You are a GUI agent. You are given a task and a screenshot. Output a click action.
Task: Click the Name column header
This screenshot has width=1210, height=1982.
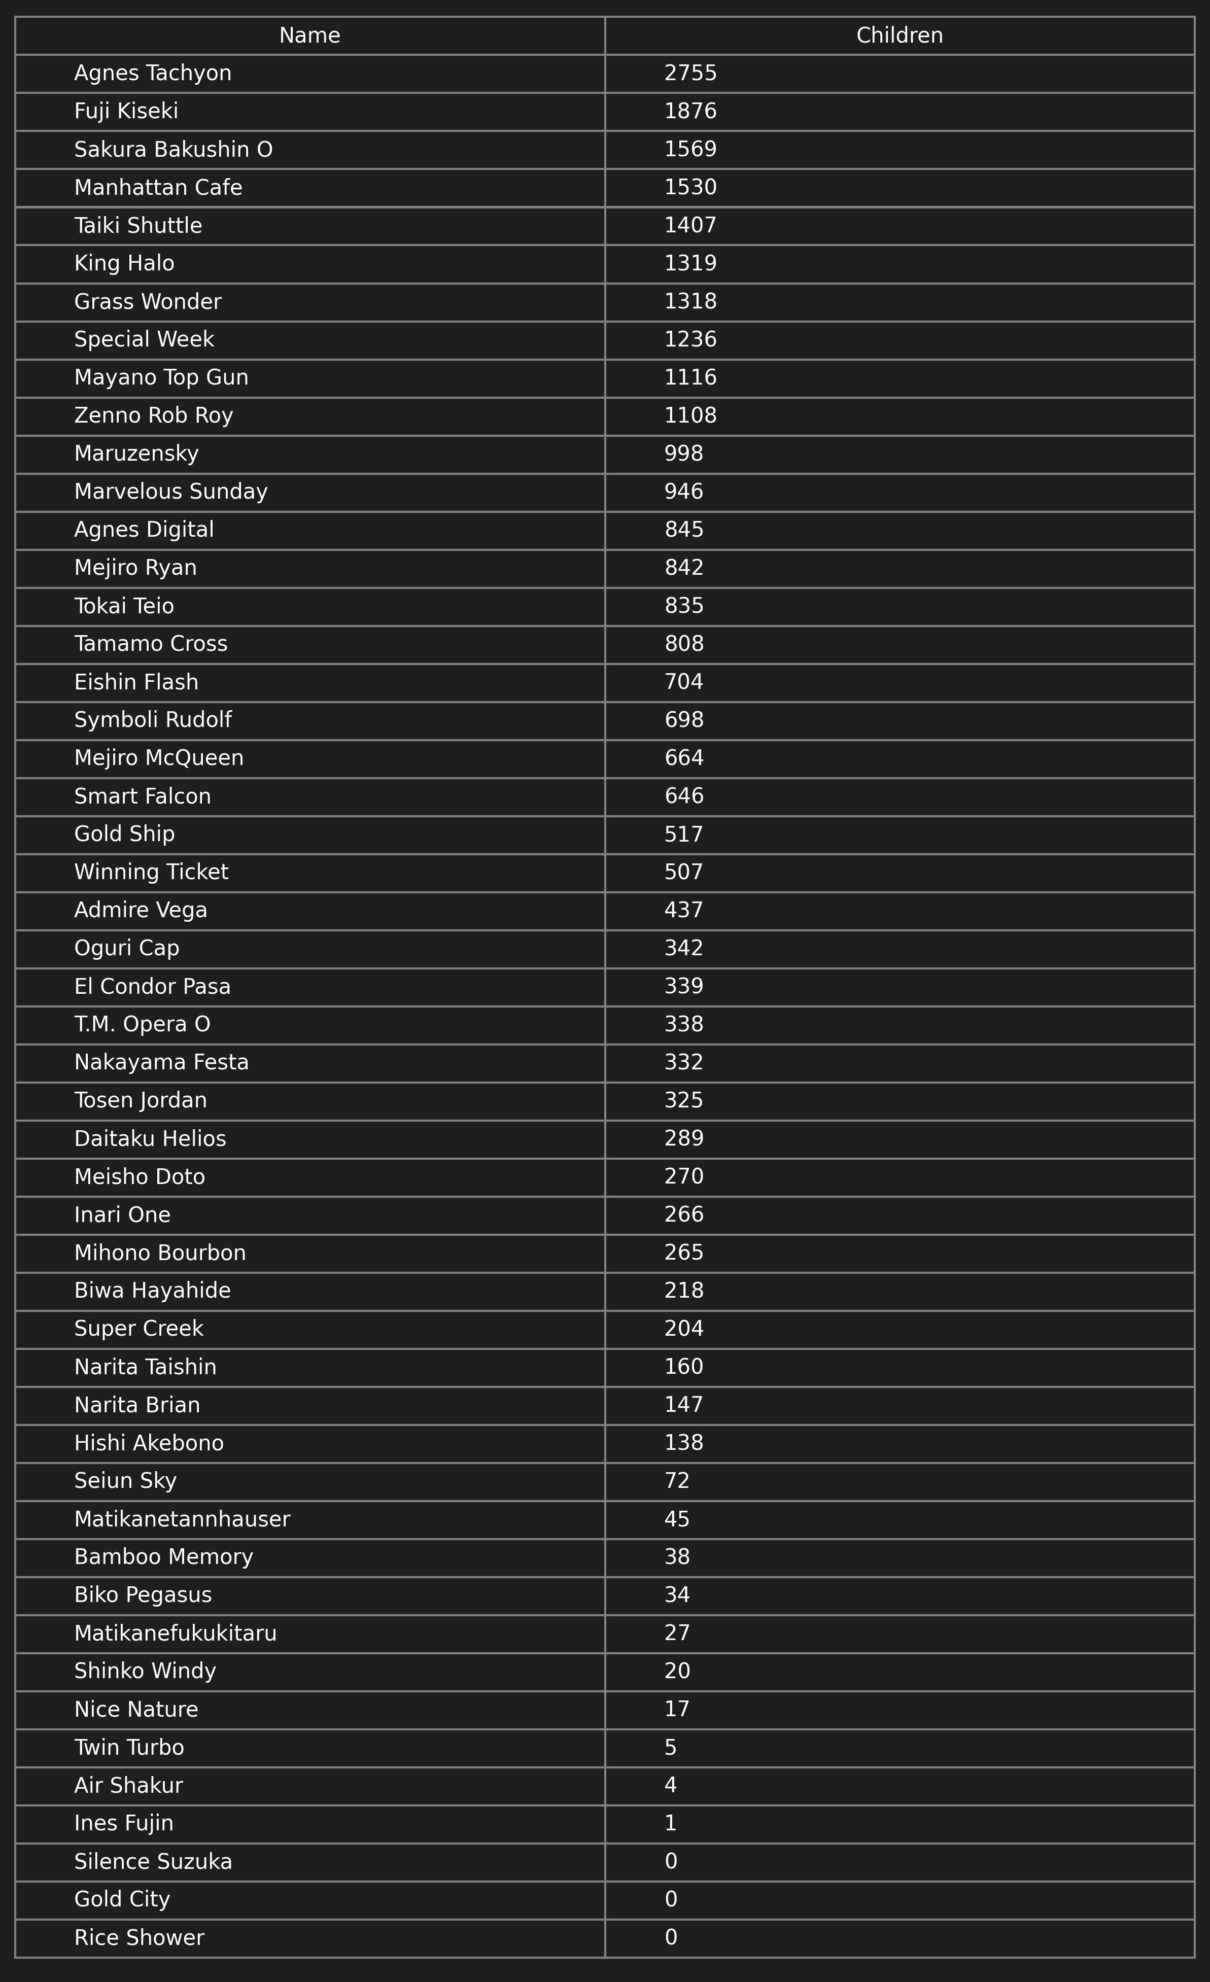pyautogui.click(x=310, y=36)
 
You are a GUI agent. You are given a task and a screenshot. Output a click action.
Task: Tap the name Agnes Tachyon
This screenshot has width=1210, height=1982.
pyautogui.click(x=153, y=73)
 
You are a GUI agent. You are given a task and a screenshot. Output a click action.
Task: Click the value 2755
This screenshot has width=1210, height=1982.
pyautogui.click(x=690, y=73)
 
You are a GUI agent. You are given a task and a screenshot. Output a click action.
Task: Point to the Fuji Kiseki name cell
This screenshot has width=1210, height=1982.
pyautogui.click(x=126, y=111)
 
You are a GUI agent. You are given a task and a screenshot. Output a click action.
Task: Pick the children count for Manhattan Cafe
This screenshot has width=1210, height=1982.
pyautogui.click(x=690, y=187)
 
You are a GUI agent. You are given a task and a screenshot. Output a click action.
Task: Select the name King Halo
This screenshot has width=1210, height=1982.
pyautogui.click(x=124, y=263)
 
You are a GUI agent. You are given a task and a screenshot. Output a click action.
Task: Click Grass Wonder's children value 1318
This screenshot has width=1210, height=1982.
pyautogui.click(x=690, y=302)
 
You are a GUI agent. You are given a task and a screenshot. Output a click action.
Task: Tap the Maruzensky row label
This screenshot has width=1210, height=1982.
pyautogui.click(x=136, y=454)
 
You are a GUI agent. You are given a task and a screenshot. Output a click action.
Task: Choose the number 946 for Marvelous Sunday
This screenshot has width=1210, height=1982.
pyautogui.click(x=684, y=492)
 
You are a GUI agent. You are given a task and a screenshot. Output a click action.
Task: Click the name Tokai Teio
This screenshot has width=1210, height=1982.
pyautogui.click(x=124, y=606)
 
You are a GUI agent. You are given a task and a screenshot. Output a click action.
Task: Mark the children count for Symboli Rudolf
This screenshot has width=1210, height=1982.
pyautogui.click(x=684, y=720)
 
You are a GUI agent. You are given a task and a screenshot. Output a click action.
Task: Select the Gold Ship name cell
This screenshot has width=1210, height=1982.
pyautogui.click(x=124, y=834)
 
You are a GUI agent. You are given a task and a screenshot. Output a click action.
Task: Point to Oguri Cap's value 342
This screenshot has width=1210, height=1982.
pyautogui.click(x=684, y=948)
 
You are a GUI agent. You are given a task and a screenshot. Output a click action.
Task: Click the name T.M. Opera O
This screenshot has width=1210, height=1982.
pyautogui.click(x=143, y=1024)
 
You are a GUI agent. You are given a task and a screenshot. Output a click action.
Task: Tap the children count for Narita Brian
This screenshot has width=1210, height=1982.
pyautogui.click(x=684, y=1405)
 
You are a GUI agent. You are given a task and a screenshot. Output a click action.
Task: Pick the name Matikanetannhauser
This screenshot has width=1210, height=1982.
pyautogui.click(x=182, y=1519)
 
